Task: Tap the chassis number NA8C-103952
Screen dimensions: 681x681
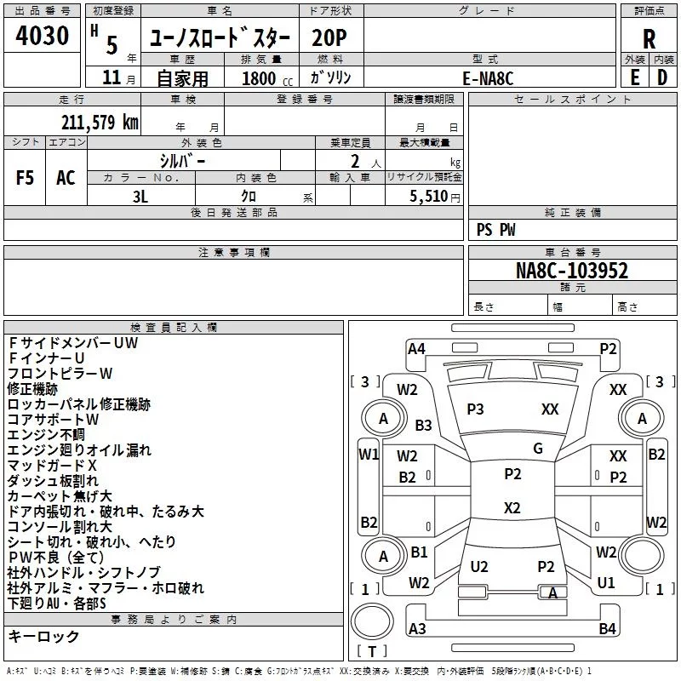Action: point(572,271)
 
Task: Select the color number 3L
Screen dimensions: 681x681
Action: point(140,196)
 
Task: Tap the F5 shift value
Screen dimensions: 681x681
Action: point(26,178)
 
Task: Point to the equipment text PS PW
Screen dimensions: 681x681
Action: point(495,229)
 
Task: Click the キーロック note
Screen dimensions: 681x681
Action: point(43,637)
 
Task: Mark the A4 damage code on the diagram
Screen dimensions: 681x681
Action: point(416,348)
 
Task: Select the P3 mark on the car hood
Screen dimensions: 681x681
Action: point(475,409)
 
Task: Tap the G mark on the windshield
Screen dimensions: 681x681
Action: point(538,449)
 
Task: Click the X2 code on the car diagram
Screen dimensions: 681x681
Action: point(512,508)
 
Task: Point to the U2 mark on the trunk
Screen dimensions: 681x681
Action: point(479,567)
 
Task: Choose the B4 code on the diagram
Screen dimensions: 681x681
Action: point(607,629)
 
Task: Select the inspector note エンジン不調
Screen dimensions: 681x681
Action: point(42,435)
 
